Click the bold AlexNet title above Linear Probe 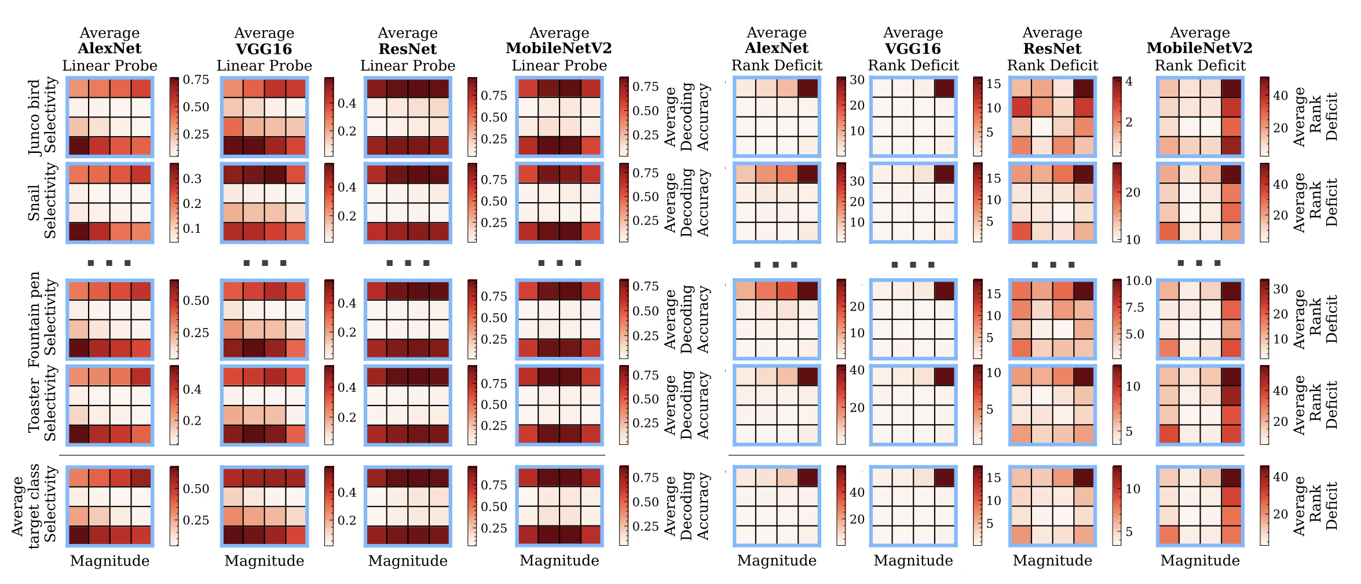pyautogui.click(x=109, y=49)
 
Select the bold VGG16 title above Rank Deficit pyautogui.click(x=913, y=49)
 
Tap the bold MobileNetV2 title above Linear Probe pyautogui.click(x=559, y=49)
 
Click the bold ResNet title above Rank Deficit pyautogui.click(x=1052, y=49)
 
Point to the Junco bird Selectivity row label pyautogui.click(x=43, y=116)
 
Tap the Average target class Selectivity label pyautogui.click(x=34, y=506)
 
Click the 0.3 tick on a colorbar pyautogui.click(x=192, y=178)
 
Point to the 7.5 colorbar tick pyautogui.click(x=1135, y=308)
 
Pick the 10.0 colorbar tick pyautogui.click(x=1138, y=281)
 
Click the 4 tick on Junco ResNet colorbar pyautogui.click(x=1129, y=82)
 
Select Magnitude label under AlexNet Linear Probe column pyautogui.click(x=109, y=561)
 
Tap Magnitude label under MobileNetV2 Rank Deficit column pyautogui.click(x=1200, y=561)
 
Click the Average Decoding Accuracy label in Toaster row pyautogui.click(x=687, y=404)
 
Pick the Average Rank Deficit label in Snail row pyautogui.click(x=1316, y=202)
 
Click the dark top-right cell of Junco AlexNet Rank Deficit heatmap pyautogui.click(x=808, y=88)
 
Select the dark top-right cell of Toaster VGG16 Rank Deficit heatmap pyautogui.click(x=945, y=377)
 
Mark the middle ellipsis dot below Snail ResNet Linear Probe pyautogui.click(x=408, y=264)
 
